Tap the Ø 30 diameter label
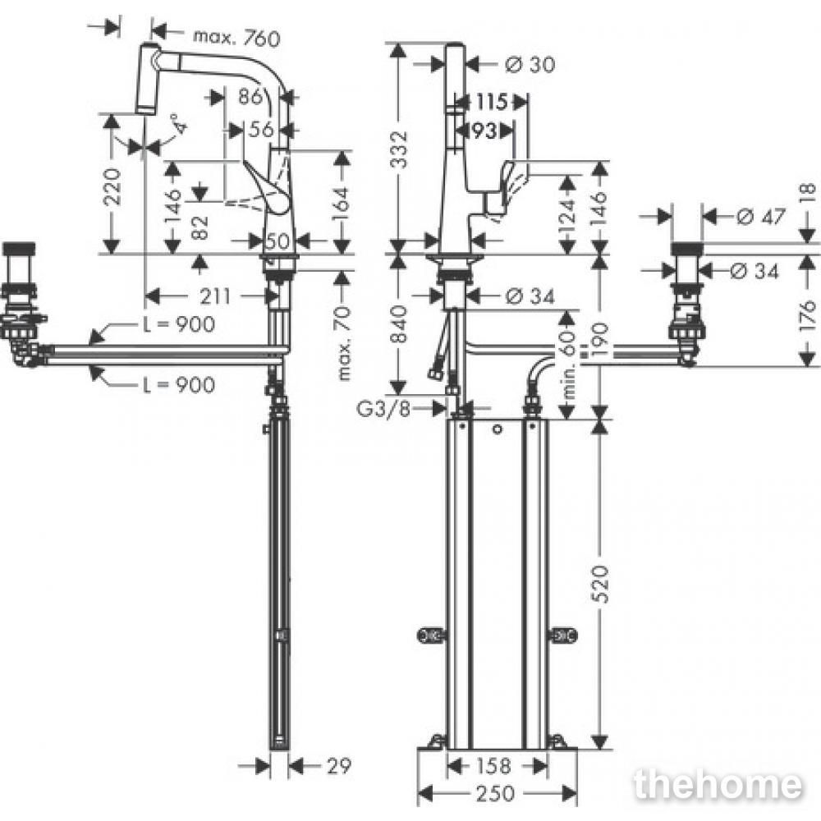pos(530,64)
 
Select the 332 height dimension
pos(400,149)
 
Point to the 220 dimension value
pos(112,186)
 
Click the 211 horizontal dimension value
pos(215,296)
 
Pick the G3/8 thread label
pos(384,408)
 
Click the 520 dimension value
pos(602,584)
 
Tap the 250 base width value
pos(495,793)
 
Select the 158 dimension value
pos(494,767)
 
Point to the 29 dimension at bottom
pos(339,767)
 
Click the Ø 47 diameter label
pos(761,216)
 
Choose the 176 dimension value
pos(809,312)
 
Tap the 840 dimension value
pos(400,324)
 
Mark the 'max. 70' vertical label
pos(344,344)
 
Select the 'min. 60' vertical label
pos(570,365)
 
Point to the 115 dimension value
pos(491,102)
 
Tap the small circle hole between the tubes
pos(497,430)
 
